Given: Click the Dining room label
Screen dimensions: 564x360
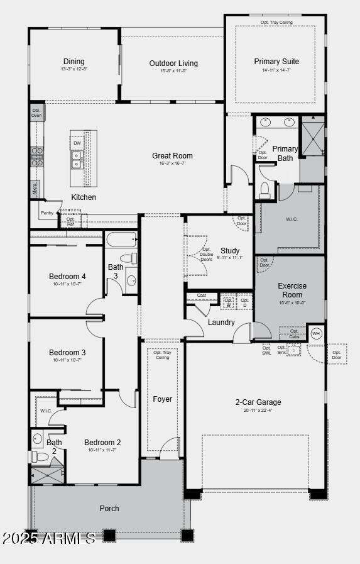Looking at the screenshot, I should pyautogui.click(x=74, y=62).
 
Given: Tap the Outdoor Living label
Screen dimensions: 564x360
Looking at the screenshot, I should pyautogui.click(x=173, y=64).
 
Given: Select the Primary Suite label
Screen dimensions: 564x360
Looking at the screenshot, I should pyautogui.click(x=276, y=62).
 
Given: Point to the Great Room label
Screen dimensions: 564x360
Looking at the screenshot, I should pyautogui.click(x=172, y=156).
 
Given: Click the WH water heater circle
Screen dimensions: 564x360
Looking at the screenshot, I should pyautogui.click(x=316, y=333).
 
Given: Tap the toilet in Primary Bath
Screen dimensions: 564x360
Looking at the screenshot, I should pyautogui.click(x=265, y=190).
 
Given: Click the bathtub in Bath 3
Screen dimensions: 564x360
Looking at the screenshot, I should pyautogui.click(x=121, y=240).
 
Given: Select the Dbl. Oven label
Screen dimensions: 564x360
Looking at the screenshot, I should pyautogui.click(x=36, y=113).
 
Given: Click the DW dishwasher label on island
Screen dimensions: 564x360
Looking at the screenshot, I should pyautogui.click(x=77, y=143).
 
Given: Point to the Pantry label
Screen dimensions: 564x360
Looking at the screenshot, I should pyautogui.click(x=47, y=213).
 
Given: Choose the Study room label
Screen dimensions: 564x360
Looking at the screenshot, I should pyautogui.click(x=230, y=251).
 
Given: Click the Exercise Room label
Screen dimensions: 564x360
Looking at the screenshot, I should pyautogui.click(x=292, y=290).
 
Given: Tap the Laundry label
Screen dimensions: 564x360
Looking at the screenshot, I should pyautogui.click(x=221, y=323).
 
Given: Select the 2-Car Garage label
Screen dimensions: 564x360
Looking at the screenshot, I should pyautogui.click(x=258, y=402).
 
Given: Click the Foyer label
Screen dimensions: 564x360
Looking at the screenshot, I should pyautogui.click(x=162, y=399).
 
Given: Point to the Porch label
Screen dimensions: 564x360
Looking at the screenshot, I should pyautogui.click(x=109, y=508).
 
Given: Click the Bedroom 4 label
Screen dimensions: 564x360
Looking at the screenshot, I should pyautogui.click(x=67, y=277).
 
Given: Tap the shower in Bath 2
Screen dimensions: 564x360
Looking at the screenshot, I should pyautogui.click(x=48, y=473).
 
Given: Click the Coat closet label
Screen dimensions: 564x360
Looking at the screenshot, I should pyautogui.click(x=201, y=296).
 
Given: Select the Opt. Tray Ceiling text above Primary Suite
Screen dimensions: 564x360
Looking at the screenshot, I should pyautogui.click(x=276, y=23).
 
